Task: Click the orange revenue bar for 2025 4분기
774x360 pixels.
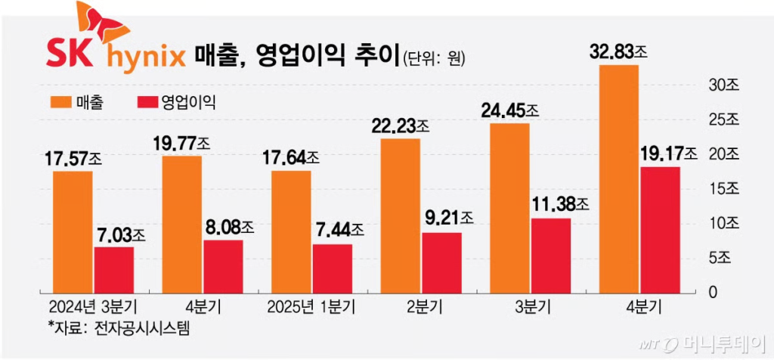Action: [618, 178]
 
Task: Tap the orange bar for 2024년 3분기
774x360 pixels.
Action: [73, 231]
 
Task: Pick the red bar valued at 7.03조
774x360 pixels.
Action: [114, 269]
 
